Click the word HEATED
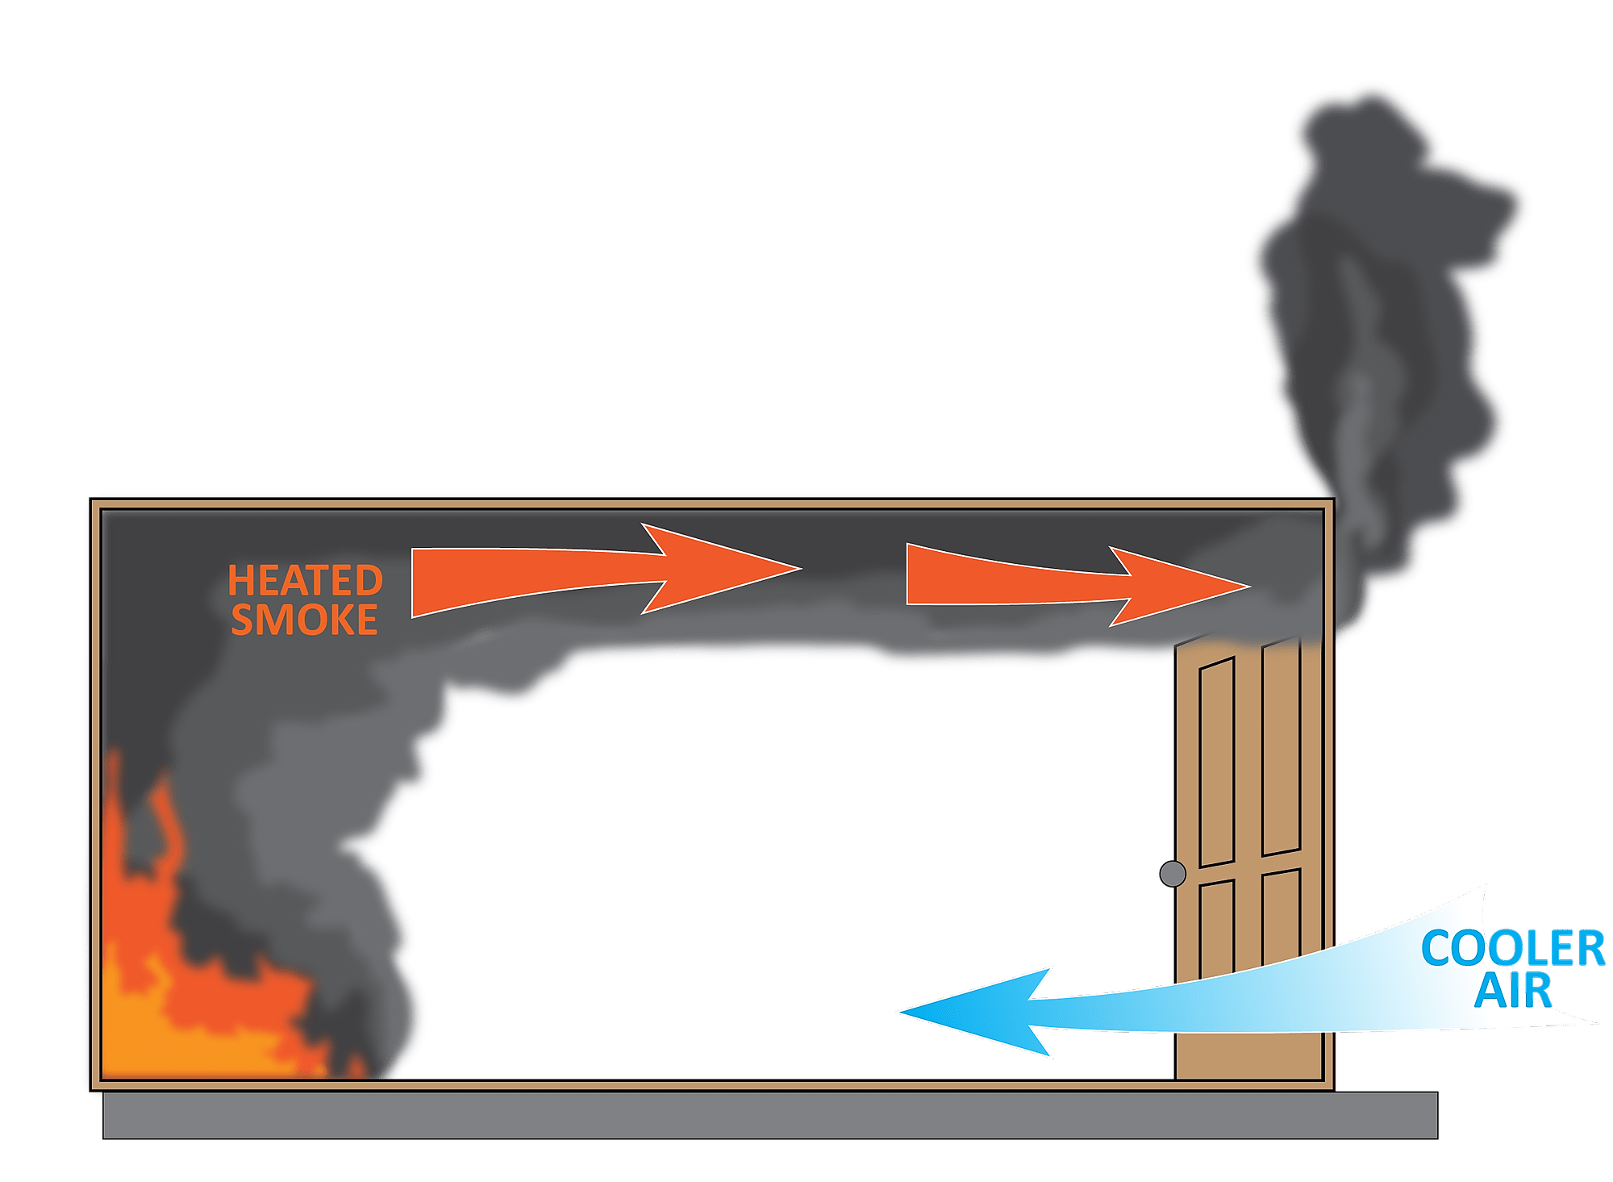tap(305, 581)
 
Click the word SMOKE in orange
tap(304, 620)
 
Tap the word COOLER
tap(1512, 949)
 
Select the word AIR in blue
tap(1512, 992)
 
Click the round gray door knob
tap(1172, 874)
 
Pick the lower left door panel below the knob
tap(1216, 928)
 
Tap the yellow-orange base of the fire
tap(161, 1049)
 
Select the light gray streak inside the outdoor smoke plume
tap(1355, 387)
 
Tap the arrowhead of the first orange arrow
tap(726, 569)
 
